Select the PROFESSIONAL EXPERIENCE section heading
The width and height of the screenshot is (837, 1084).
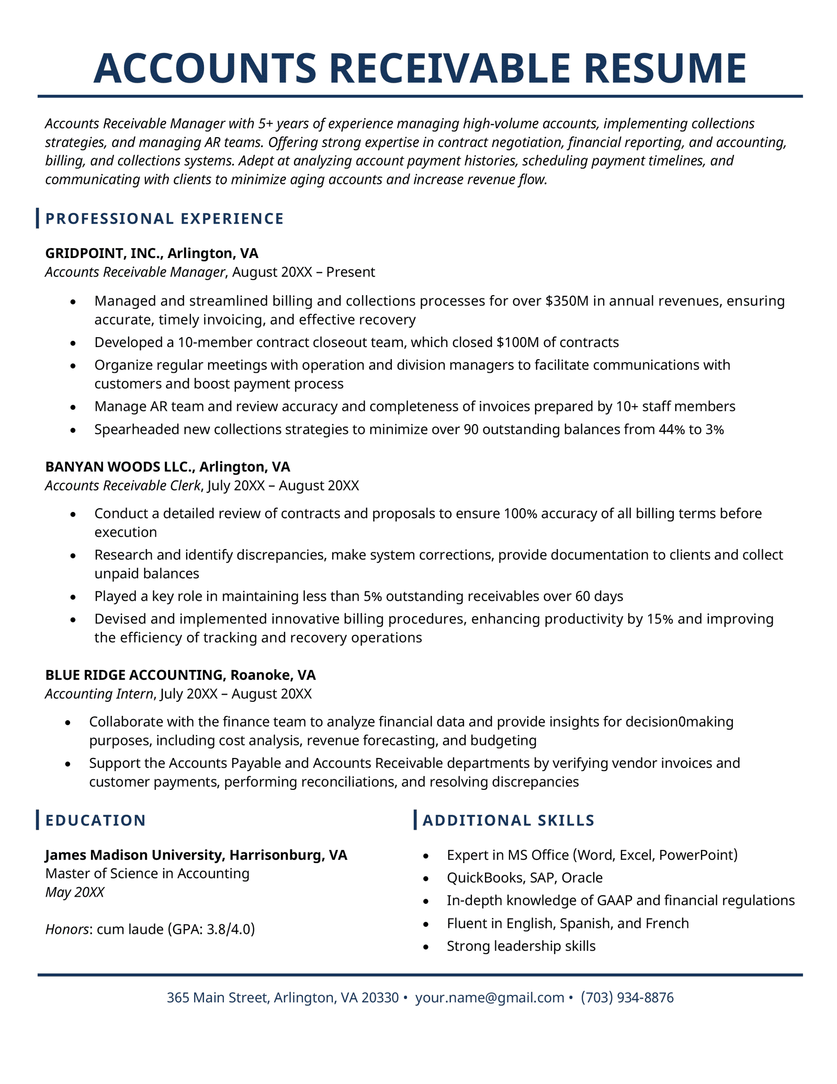(x=164, y=219)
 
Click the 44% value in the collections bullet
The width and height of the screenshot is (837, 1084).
(x=672, y=430)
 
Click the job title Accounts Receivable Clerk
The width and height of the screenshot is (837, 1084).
(x=122, y=486)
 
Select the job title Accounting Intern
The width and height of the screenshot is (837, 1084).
(x=99, y=694)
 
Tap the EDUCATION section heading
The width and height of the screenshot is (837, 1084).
(x=95, y=820)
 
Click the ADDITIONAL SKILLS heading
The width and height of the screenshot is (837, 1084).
(x=508, y=820)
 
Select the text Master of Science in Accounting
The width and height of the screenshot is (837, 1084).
(x=147, y=874)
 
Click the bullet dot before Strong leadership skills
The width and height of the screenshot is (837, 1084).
(x=426, y=947)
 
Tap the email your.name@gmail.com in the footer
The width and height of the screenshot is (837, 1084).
(x=489, y=998)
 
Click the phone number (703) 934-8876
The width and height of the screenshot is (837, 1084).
(x=627, y=998)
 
